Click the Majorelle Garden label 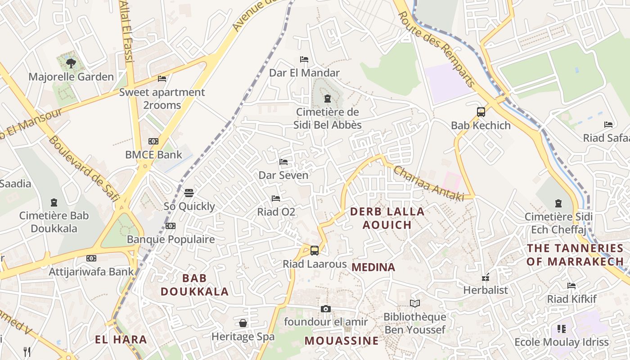click(71, 76)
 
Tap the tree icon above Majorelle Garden click(71, 63)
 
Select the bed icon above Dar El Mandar click(304, 59)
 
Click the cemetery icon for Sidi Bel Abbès click(327, 98)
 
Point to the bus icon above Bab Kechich click(481, 112)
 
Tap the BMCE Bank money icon click(153, 141)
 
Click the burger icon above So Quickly click(189, 193)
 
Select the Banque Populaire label click(171, 239)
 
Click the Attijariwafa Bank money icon click(91, 258)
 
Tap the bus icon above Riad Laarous click(315, 251)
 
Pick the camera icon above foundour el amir click(326, 309)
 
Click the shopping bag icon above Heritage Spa click(243, 323)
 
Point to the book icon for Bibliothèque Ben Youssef click(414, 304)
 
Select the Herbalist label click(486, 290)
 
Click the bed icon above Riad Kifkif click(571, 286)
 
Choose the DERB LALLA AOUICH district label click(387, 218)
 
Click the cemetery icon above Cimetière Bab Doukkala click(54, 202)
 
